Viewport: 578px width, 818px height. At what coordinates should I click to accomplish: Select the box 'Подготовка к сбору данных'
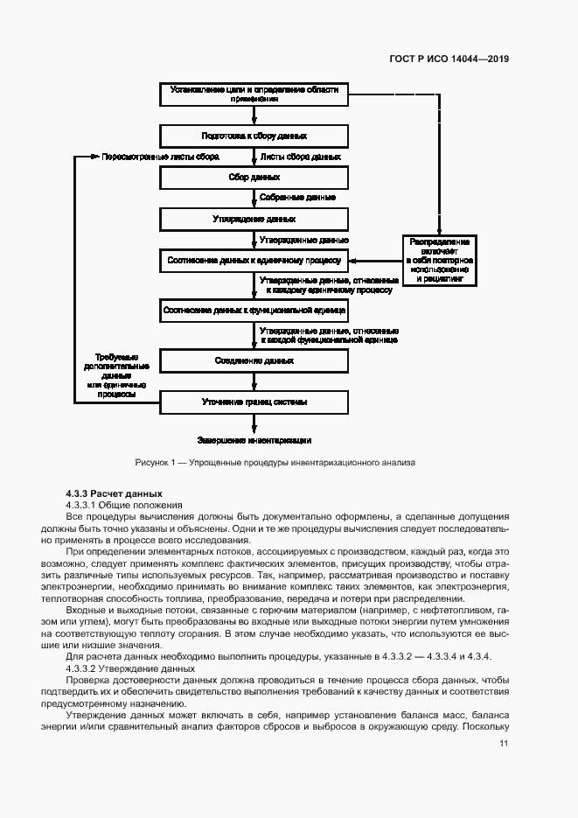click(x=254, y=136)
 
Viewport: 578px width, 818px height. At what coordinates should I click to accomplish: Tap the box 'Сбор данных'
click(x=254, y=177)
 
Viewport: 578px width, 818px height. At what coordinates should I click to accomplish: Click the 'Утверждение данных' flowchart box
click(x=254, y=218)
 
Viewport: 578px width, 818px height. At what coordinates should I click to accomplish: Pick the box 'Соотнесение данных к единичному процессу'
click(x=254, y=260)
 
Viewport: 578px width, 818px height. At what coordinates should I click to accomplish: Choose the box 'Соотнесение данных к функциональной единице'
click(x=254, y=310)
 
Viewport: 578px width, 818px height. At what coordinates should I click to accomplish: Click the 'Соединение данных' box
click(x=254, y=360)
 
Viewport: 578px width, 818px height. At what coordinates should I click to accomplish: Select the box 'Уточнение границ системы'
click(x=254, y=402)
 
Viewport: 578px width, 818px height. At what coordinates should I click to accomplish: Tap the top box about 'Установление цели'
click(x=254, y=94)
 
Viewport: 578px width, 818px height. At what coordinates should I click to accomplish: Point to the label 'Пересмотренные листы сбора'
click(x=160, y=157)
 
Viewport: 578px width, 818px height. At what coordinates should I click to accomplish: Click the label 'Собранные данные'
click(x=297, y=198)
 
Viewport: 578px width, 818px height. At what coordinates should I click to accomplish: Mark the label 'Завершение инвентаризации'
click(x=254, y=440)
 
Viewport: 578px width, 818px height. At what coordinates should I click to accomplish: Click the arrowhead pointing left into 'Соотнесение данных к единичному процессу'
click(x=354, y=260)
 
